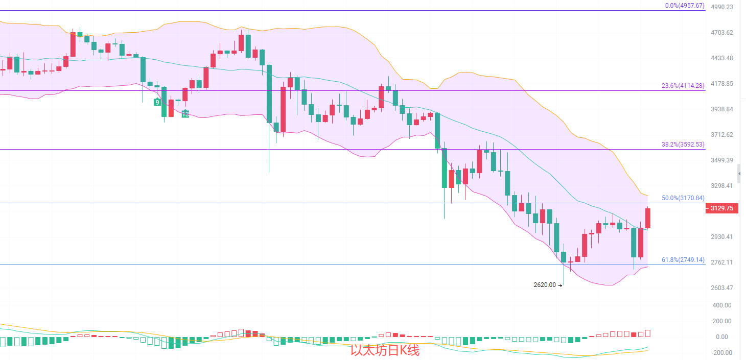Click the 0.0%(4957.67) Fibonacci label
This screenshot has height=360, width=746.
click(x=685, y=6)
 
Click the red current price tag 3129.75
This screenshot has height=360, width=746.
click(x=721, y=208)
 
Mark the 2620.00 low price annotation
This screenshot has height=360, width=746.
click(x=545, y=285)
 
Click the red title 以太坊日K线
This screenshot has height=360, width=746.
click(x=385, y=350)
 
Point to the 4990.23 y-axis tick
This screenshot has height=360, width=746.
click(x=722, y=7)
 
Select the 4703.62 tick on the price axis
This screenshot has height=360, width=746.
click(x=722, y=32)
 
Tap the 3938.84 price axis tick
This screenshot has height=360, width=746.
click(x=722, y=109)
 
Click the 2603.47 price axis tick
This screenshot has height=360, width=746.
click(x=722, y=287)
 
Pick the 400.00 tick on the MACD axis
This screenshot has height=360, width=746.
click(x=721, y=305)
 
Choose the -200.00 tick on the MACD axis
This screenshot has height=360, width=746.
click(x=721, y=353)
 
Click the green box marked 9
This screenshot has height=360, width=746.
click(x=158, y=102)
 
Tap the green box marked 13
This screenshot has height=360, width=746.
click(x=185, y=114)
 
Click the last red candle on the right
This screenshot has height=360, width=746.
click(x=648, y=218)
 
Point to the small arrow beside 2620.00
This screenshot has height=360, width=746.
click(x=560, y=285)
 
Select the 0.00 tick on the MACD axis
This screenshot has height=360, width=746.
click(x=722, y=337)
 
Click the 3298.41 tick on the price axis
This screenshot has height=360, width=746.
click(x=722, y=185)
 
